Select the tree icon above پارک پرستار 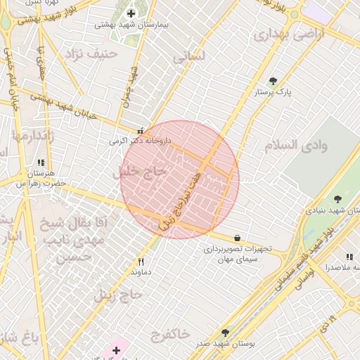coord(274,81)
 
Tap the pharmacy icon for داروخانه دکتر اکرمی coord(141,131)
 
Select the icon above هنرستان coord(50,162)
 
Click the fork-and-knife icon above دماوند coord(141,262)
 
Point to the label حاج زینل coord(115,294)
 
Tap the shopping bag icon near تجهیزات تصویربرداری coord(236,238)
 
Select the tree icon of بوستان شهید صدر coord(225,333)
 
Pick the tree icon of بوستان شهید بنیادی coord(337,200)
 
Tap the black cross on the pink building coord(117,349)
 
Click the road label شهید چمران coord(131,87)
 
